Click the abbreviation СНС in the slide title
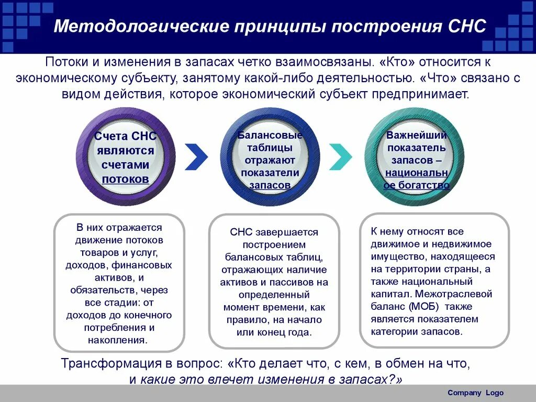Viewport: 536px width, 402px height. click(x=468, y=26)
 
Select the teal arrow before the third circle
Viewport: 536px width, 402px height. click(x=340, y=155)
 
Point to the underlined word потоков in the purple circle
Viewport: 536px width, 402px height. click(x=125, y=179)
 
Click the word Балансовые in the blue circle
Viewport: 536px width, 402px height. click(x=270, y=135)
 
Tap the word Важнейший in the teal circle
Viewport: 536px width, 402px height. click(x=417, y=135)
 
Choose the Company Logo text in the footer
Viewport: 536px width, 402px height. click(x=475, y=393)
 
